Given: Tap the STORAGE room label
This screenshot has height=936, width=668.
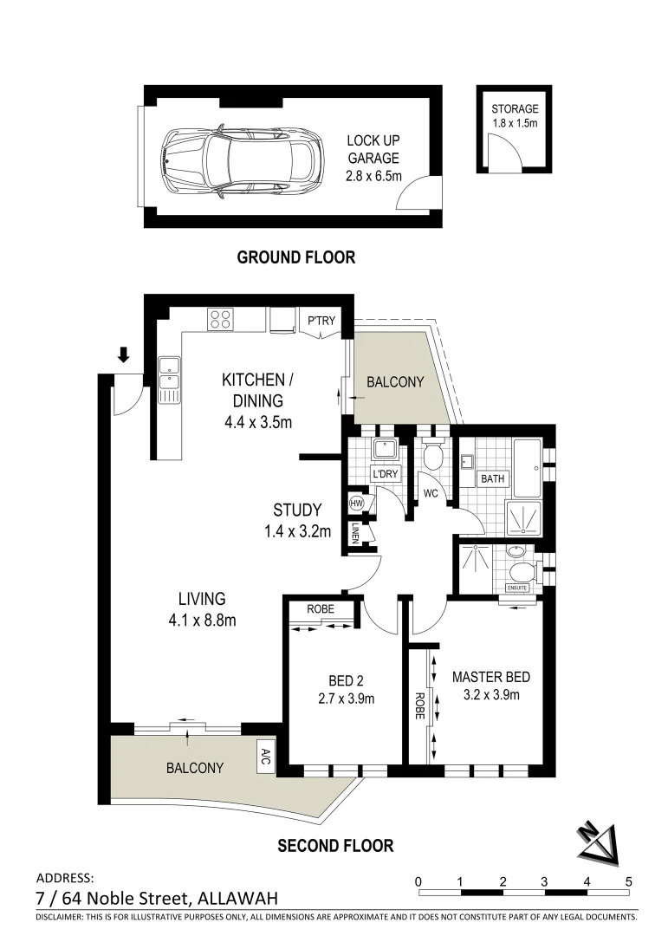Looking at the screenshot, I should (x=515, y=109).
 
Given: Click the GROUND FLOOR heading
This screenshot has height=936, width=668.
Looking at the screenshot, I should (x=296, y=257).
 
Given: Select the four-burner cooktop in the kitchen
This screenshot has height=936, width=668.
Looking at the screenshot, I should (x=219, y=320).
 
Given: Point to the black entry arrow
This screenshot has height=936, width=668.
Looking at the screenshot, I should (x=123, y=354).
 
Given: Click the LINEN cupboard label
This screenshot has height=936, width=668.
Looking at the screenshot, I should (x=356, y=534).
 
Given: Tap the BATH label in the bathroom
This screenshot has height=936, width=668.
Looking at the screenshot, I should (x=493, y=478).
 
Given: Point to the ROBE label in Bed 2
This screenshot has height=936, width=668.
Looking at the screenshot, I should (x=320, y=609).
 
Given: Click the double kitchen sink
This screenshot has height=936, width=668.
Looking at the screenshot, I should (x=168, y=380).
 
